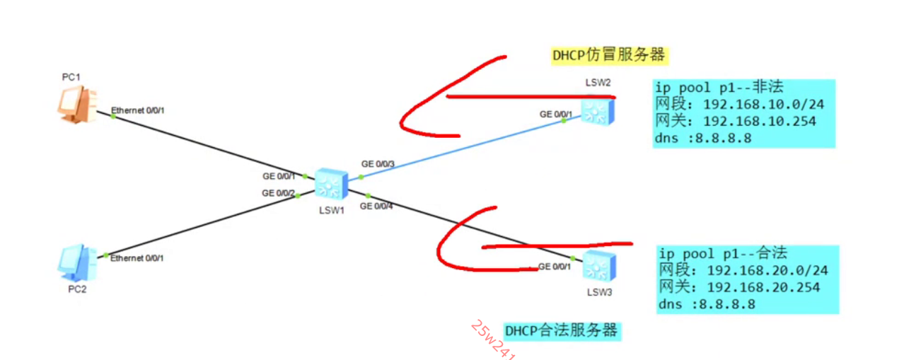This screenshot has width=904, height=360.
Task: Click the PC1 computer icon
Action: click(75, 105)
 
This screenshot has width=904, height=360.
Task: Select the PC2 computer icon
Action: click(76, 262)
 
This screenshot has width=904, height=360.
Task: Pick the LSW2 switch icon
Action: click(598, 110)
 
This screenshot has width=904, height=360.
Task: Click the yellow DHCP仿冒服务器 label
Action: click(609, 55)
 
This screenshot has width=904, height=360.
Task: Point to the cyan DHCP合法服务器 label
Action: click(561, 330)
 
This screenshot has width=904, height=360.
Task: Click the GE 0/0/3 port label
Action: click(377, 164)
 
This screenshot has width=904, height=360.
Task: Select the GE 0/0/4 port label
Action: click(376, 207)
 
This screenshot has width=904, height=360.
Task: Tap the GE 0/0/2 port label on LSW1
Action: click(278, 193)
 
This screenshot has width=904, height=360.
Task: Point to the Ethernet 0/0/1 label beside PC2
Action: click(137, 258)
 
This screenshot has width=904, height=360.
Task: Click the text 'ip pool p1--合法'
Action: click(722, 253)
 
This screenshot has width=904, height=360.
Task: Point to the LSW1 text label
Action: click(330, 210)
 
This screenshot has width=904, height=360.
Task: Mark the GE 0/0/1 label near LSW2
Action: click(555, 114)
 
